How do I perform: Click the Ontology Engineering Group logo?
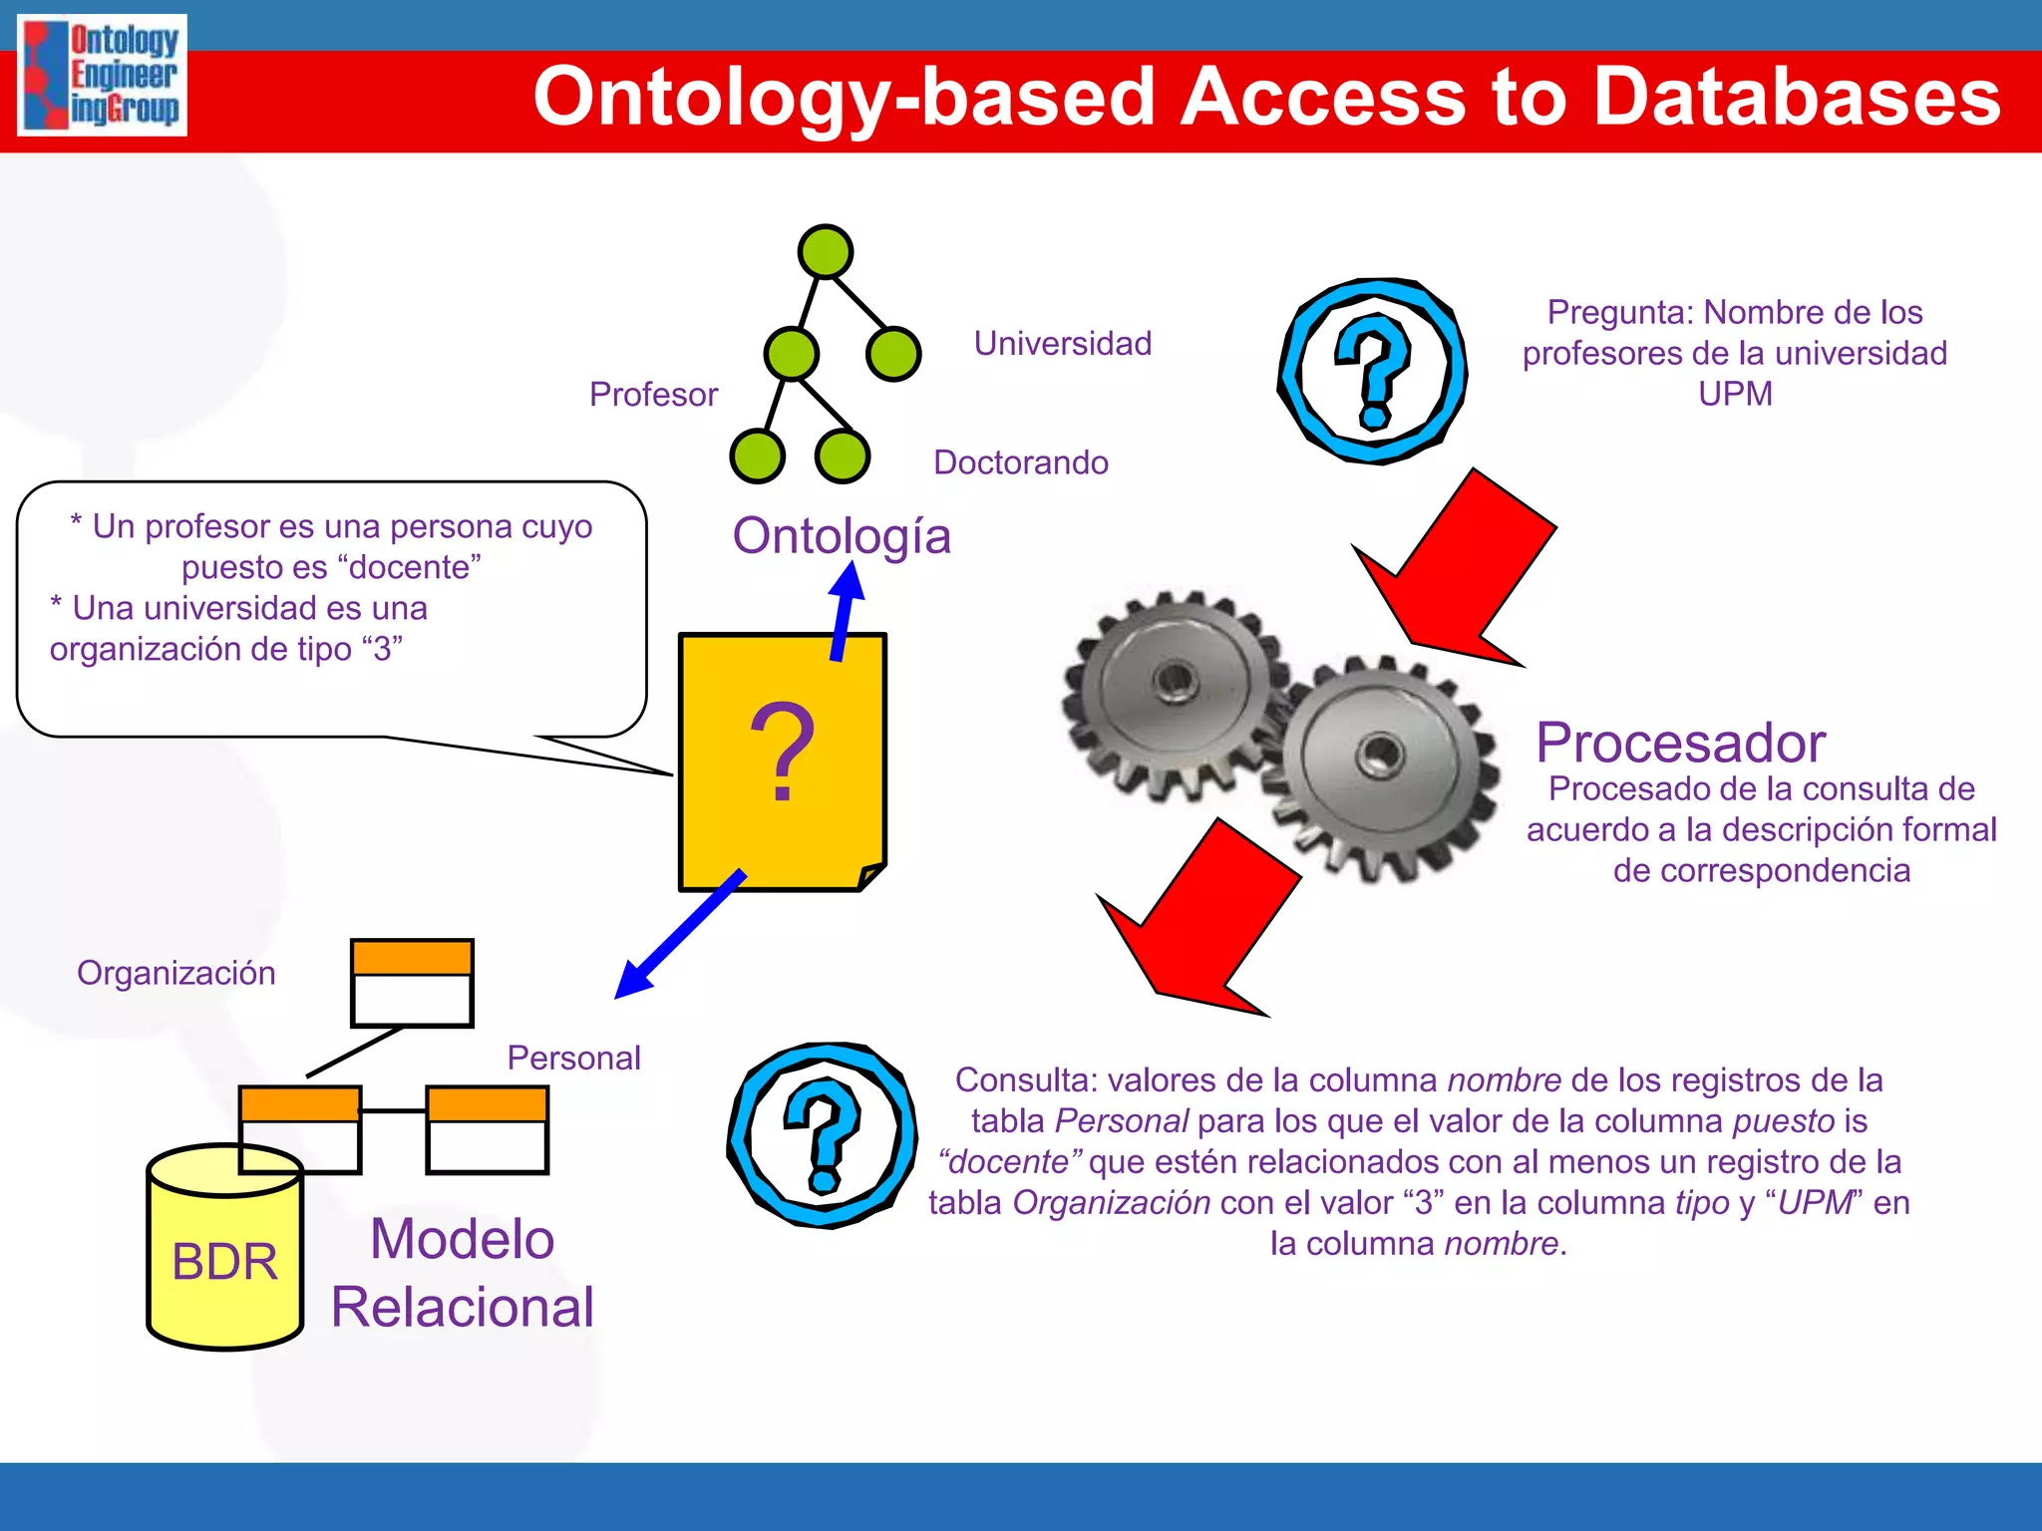pos(103,76)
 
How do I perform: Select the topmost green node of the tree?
pos(825,251)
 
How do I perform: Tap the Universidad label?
pos(1062,344)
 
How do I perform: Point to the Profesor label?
pos(653,395)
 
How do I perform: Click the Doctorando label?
pos(1020,462)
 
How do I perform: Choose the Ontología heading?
pos(842,536)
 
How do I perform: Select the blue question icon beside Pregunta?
pos(1373,371)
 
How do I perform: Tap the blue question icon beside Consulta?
pos(822,1135)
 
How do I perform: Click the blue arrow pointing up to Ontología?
pos(845,610)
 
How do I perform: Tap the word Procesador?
pos(1680,743)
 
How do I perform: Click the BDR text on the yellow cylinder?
pos(224,1262)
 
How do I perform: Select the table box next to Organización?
pos(412,983)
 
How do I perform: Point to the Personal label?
pos(573,1059)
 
